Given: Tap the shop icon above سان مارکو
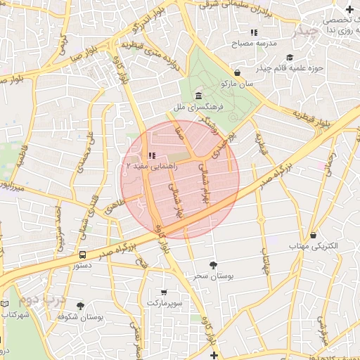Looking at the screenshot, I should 237,72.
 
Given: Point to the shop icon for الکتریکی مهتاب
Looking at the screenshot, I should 313,235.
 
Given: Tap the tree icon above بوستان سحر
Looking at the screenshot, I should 213,264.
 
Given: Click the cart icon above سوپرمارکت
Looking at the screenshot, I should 164,292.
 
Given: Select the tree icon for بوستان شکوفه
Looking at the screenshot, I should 80,306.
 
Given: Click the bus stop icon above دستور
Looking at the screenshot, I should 83,255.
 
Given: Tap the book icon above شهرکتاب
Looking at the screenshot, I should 6,303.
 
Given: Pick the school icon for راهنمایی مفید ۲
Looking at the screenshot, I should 152,156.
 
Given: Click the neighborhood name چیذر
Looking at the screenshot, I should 310,32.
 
